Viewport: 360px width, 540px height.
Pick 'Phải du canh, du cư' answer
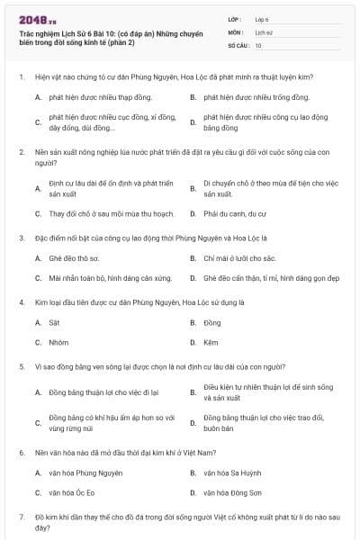(235, 214)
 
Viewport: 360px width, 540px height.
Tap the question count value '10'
(258, 45)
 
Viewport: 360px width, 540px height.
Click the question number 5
(21, 367)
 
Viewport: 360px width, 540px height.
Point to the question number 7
(21, 517)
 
